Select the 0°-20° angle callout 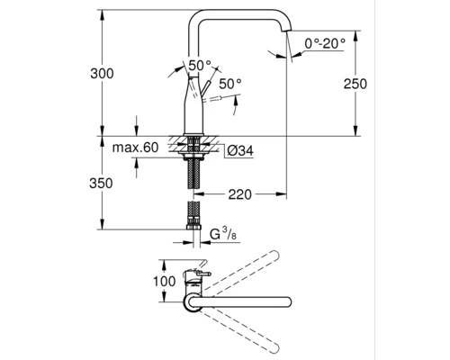click(x=324, y=43)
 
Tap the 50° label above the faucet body click(x=200, y=66)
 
